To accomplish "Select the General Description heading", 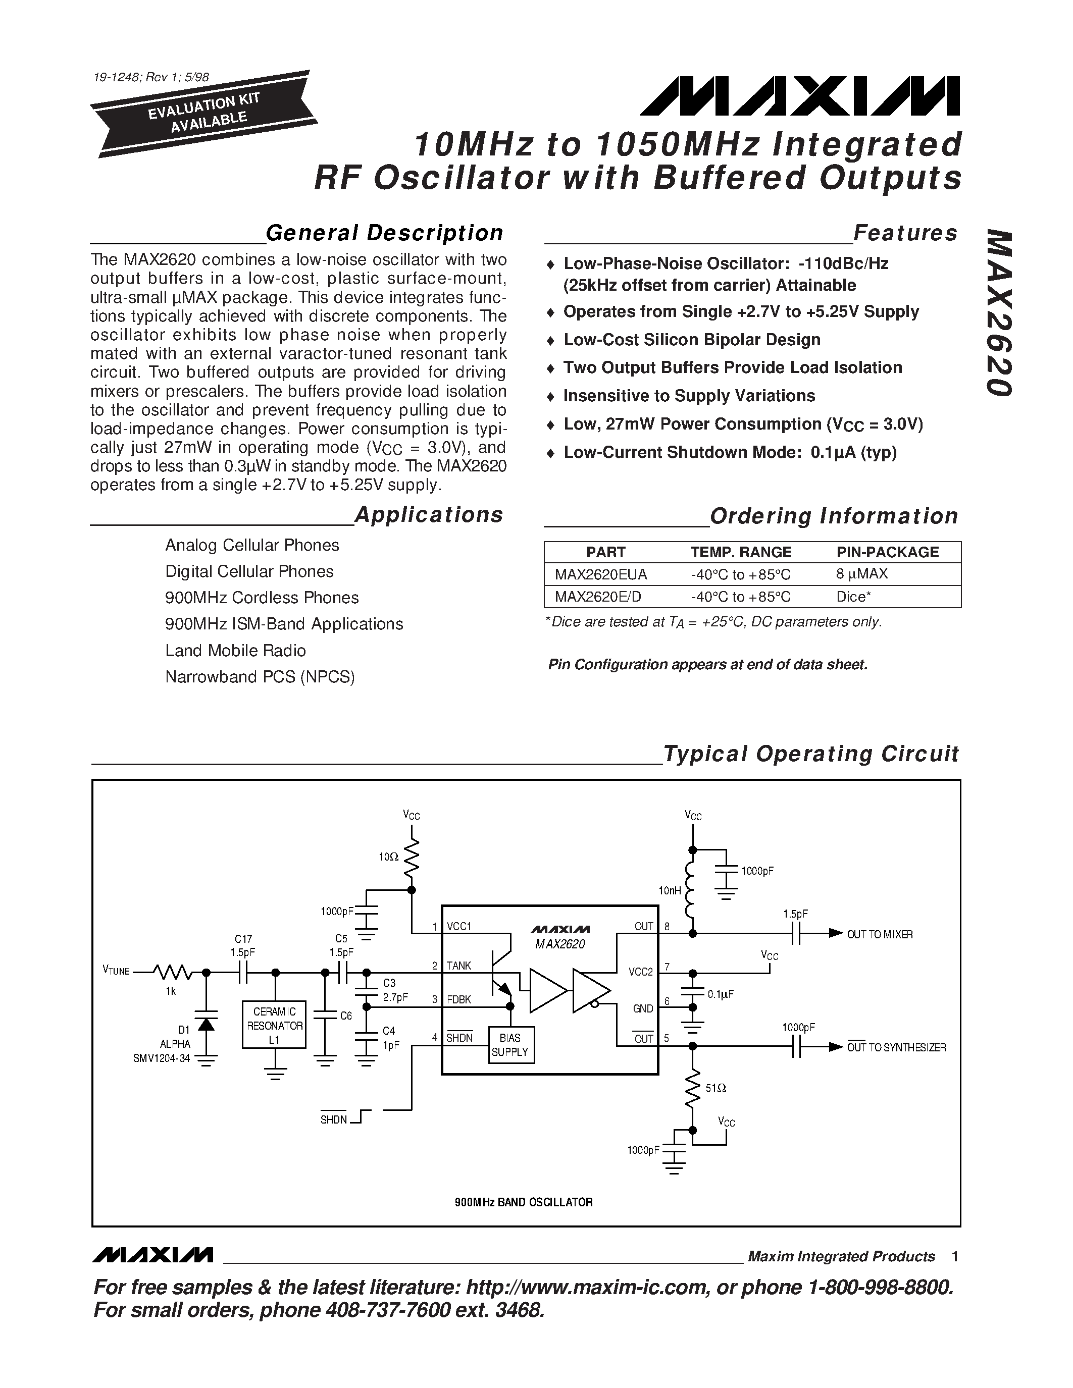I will coord(384,233).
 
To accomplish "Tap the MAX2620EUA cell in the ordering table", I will coord(601,574).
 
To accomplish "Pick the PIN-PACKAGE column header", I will coord(887,552).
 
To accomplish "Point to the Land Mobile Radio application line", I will coord(235,651).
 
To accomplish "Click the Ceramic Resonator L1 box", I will coord(274,1026).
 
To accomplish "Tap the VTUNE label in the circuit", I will coord(116,971).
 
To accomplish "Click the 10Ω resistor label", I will coord(388,857).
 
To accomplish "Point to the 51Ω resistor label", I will coord(716,1088).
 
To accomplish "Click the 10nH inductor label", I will coord(670,891).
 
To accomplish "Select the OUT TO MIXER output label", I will coord(880,934).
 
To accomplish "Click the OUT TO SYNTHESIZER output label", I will coord(896,1047).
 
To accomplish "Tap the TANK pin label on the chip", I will coord(458,966).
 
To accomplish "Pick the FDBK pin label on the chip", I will coord(459,1000).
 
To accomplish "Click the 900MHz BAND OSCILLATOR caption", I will coord(524,1202).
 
